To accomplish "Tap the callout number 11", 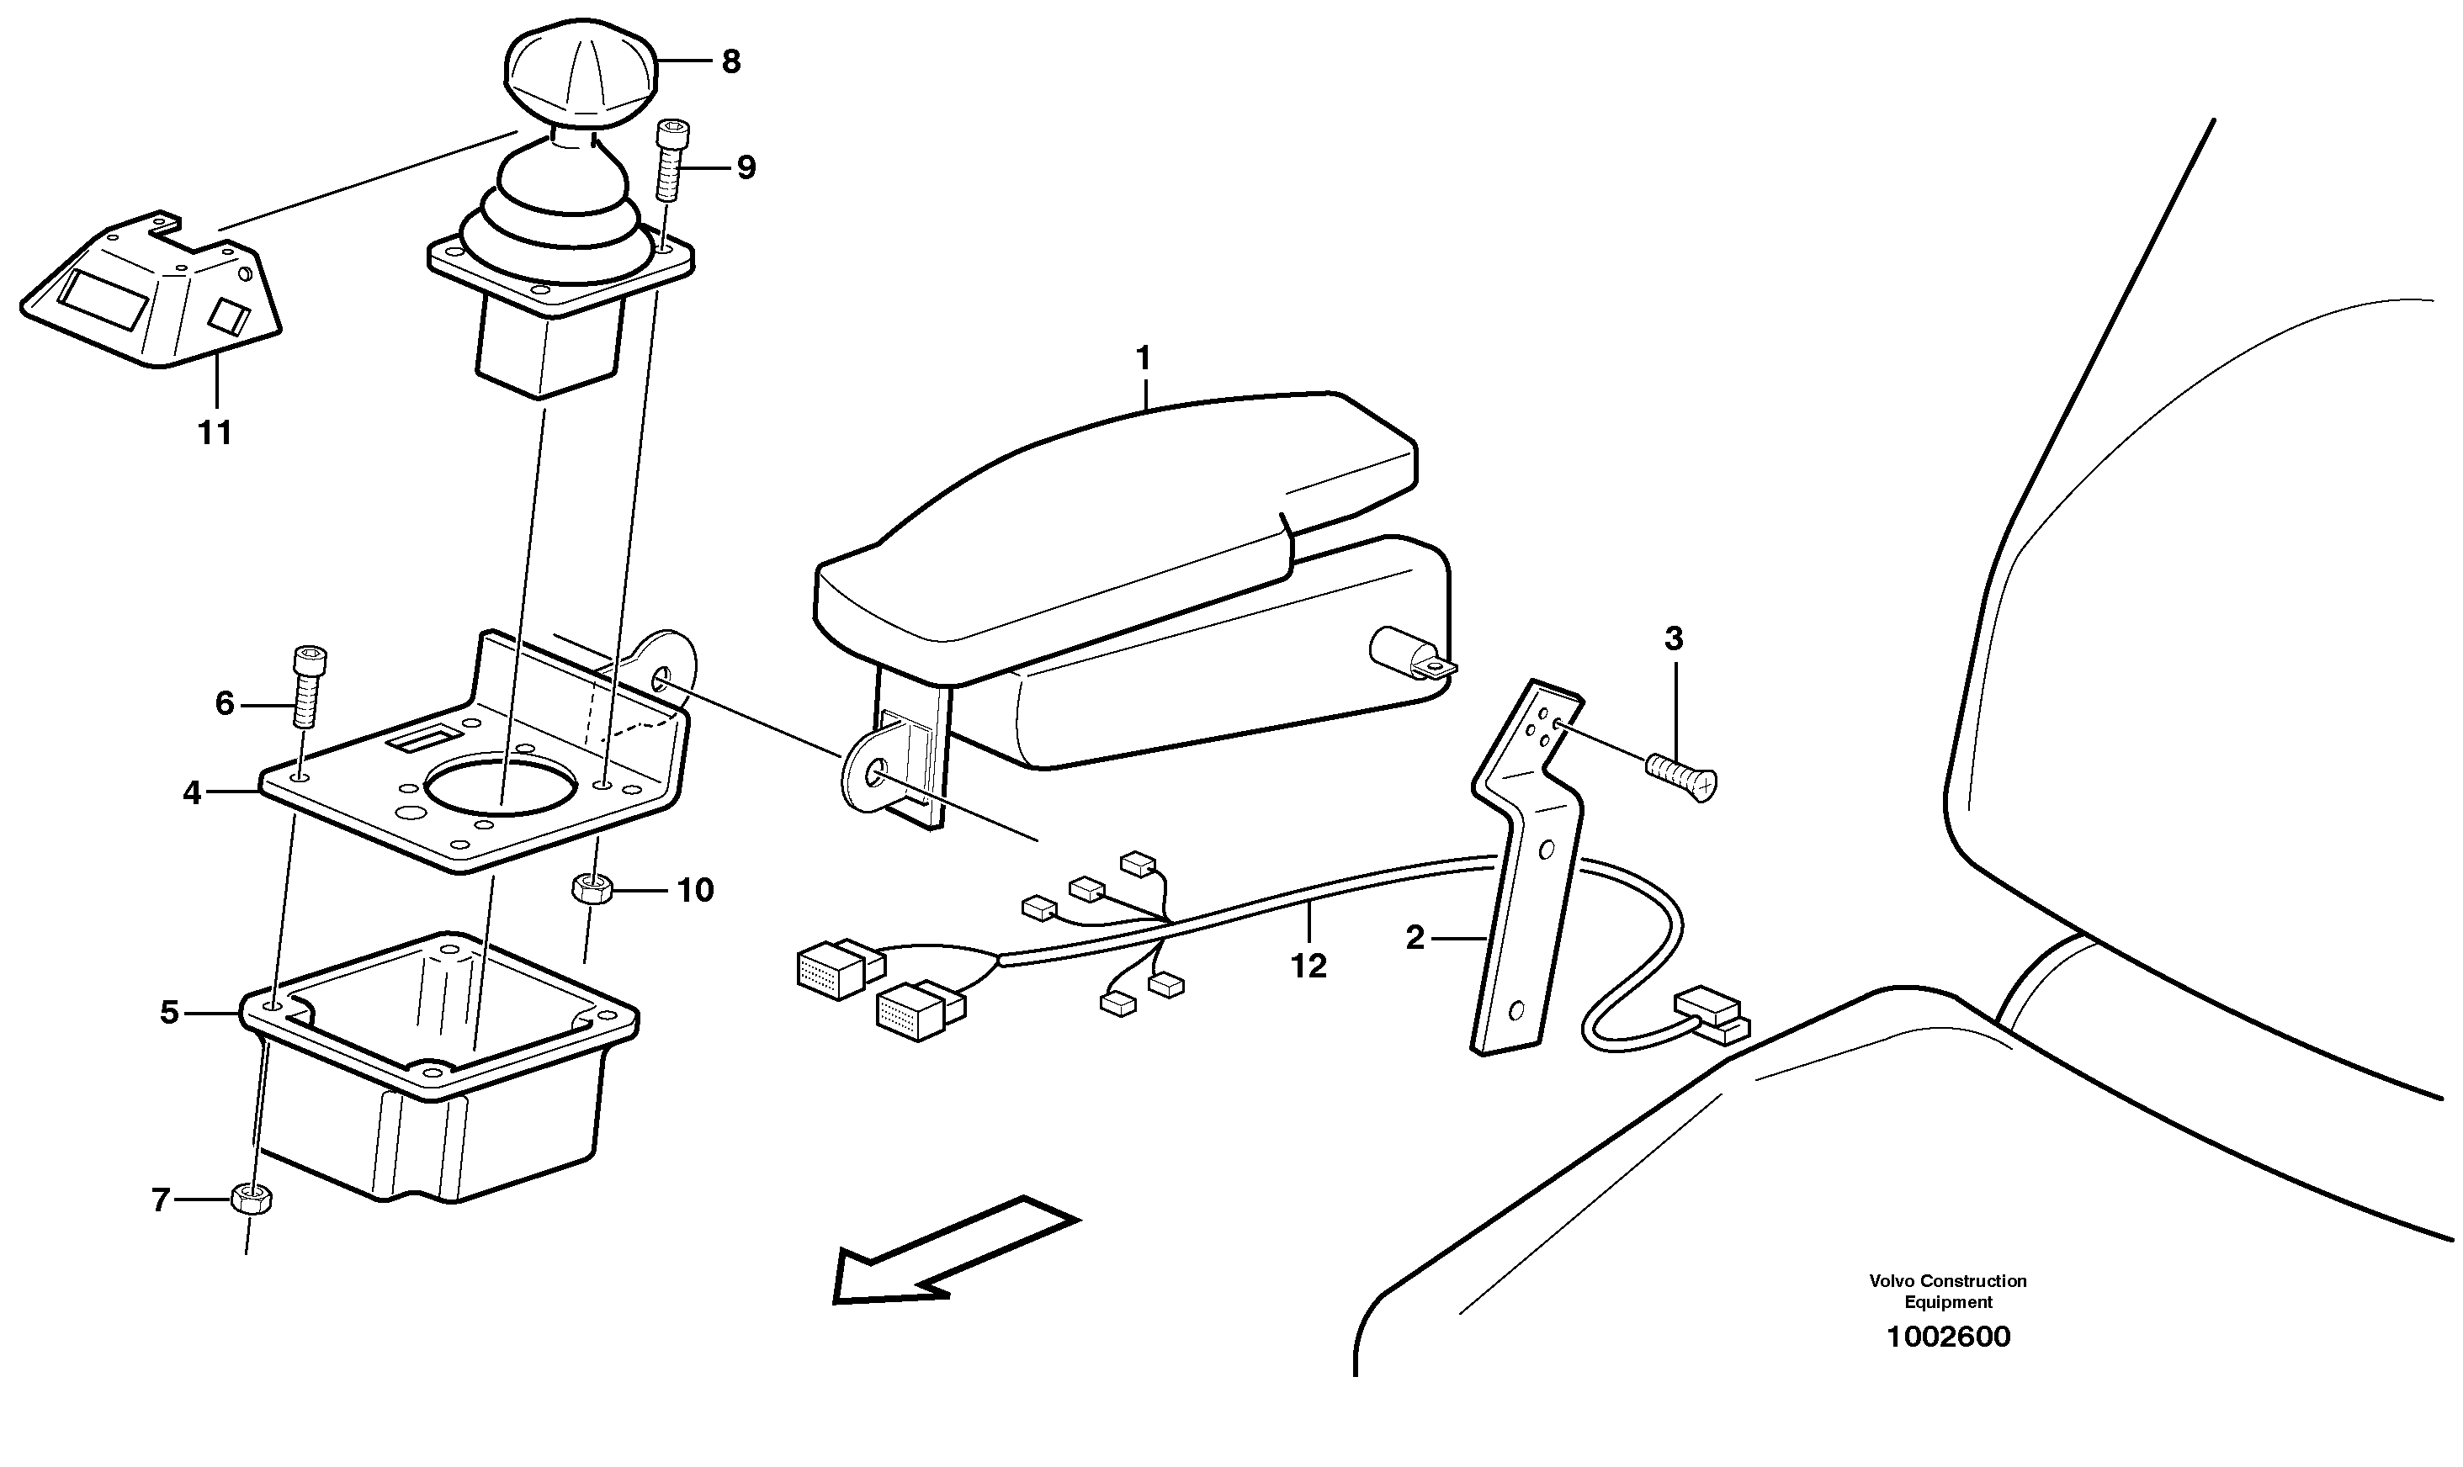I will [215, 432].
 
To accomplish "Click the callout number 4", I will [191, 792].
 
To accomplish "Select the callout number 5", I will [169, 1012].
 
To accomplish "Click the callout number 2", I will [1415, 937].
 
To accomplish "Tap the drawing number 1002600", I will [1948, 1337].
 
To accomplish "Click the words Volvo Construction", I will [1947, 1280].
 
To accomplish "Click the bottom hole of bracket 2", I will [1515, 1010].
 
